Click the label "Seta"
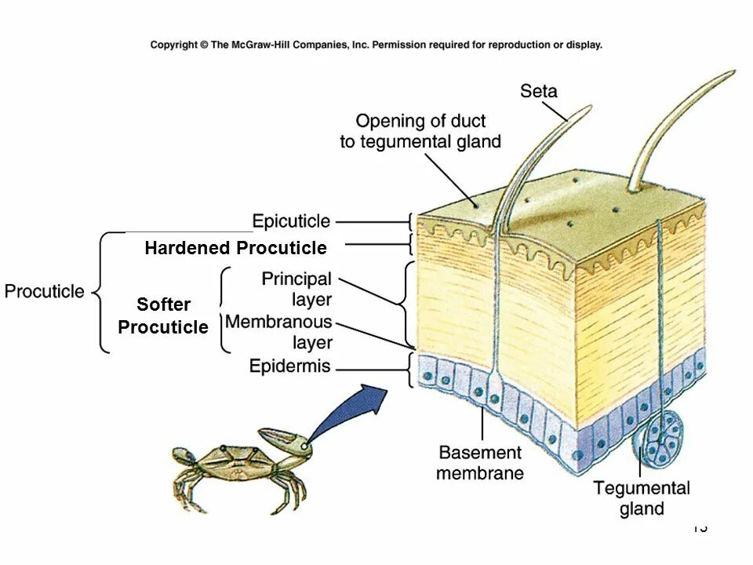click(x=538, y=91)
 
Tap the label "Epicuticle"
click(x=291, y=222)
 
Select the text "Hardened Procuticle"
click(x=235, y=248)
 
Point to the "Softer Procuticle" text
click(x=163, y=315)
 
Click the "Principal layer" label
click(x=296, y=289)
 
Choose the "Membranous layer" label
click(x=279, y=332)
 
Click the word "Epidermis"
click(x=289, y=366)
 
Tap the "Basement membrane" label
click(x=479, y=462)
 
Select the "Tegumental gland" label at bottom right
click(x=642, y=498)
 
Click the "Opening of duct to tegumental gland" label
click(x=420, y=131)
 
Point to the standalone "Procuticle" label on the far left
click(x=45, y=291)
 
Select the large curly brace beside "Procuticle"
click(x=101, y=292)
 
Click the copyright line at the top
click(x=376, y=45)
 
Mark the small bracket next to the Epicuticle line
click(x=410, y=222)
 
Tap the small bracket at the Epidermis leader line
click(x=410, y=369)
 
